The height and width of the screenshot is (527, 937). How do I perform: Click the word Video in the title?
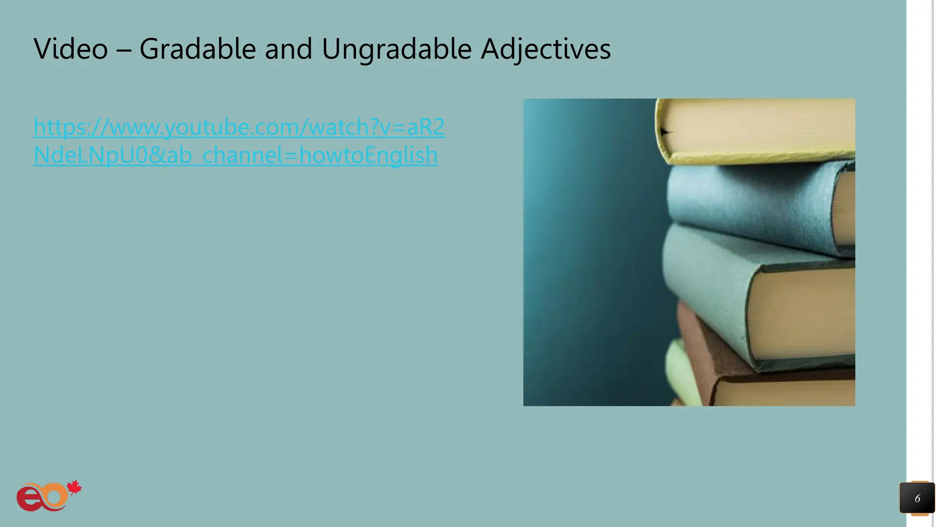(70, 48)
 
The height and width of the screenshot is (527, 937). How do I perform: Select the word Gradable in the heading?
(197, 48)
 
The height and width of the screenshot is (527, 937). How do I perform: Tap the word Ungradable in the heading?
(396, 49)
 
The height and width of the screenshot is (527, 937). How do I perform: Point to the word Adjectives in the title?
(545, 49)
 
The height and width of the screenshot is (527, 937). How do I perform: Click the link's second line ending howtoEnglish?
(235, 155)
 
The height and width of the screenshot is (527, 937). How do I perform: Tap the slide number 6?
(917, 498)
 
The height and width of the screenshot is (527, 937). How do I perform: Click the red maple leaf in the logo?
(74, 488)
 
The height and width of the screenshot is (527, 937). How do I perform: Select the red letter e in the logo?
(28, 499)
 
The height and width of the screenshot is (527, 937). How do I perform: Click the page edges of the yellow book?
(759, 124)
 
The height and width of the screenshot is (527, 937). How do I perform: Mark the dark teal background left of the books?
(590, 252)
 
